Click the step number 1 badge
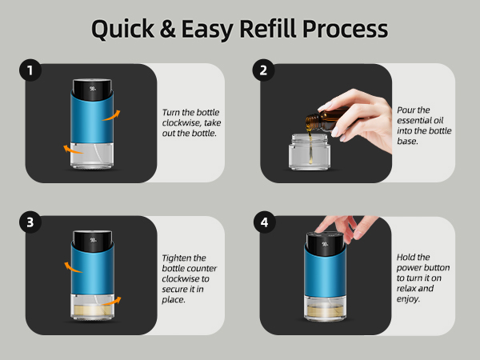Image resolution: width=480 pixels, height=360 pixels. pos(30,71)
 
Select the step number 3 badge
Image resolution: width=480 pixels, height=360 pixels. pos(30,223)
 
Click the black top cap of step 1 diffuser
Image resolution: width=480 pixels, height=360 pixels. pos(94,86)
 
